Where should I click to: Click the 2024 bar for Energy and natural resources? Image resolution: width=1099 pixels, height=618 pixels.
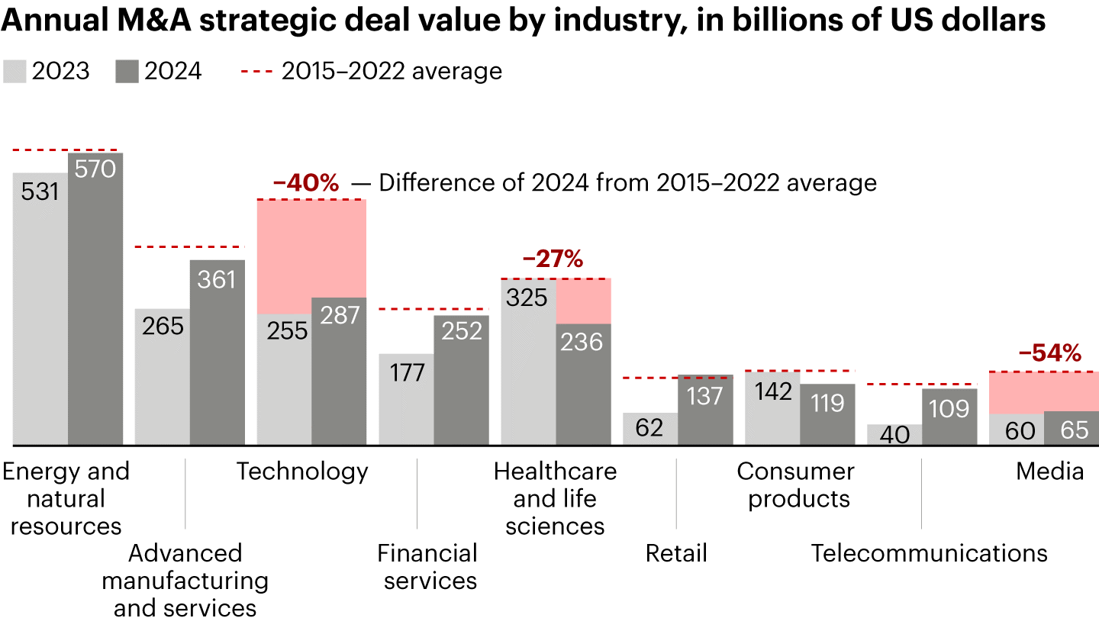pyautogui.click(x=95, y=305)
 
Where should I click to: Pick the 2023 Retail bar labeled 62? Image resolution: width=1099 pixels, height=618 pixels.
pyautogui.click(x=650, y=428)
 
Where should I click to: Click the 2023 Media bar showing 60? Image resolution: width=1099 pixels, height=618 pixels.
pyautogui.click(x=1016, y=430)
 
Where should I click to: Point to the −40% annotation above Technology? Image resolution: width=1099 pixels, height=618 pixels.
pyautogui.click(x=305, y=183)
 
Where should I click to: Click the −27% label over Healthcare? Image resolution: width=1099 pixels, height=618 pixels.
pyautogui.click(x=553, y=259)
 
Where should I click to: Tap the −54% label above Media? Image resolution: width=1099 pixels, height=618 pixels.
pyautogui.click(x=1049, y=353)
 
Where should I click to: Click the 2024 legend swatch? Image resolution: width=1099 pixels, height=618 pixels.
pyautogui.click(x=127, y=72)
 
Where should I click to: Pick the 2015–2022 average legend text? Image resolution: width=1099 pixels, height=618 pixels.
pyautogui.click(x=392, y=72)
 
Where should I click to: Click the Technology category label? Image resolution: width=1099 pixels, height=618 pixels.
pyautogui.click(x=302, y=472)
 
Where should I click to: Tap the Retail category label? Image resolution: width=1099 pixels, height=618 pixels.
pyautogui.click(x=676, y=553)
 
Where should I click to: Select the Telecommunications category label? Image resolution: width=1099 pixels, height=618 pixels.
pyautogui.click(x=929, y=553)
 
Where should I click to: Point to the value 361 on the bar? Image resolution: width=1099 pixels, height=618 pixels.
pyautogui.click(x=217, y=280)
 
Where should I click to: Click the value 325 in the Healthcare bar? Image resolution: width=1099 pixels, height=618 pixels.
pyautogui.click(x=527, y=297)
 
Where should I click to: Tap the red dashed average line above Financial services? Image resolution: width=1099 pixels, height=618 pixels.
pyautogui.click(x=433, y=309)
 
